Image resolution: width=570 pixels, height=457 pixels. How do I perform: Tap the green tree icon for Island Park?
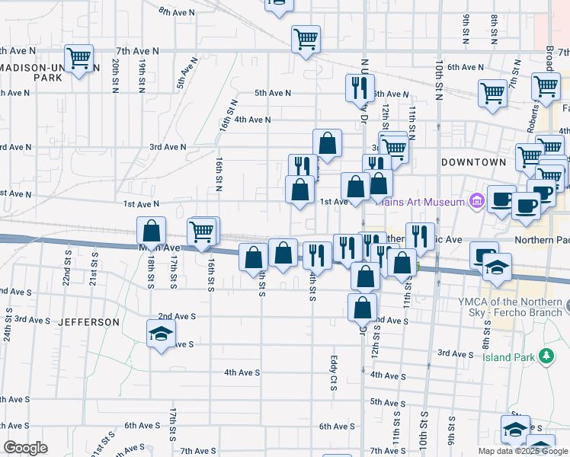click(546, 356)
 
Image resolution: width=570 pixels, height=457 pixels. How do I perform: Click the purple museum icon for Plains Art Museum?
click(477, 201)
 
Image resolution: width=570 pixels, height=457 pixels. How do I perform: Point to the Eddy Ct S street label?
click(333, 372)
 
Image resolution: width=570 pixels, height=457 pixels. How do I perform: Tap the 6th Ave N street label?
click(466, 67)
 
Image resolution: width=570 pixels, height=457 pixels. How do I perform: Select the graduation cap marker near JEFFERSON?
click(161, 334)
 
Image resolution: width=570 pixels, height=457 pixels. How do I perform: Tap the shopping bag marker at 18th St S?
click(152, 231)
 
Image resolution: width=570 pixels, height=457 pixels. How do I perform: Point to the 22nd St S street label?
click(68, 270)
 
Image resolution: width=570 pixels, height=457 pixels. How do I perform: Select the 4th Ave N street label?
click(252, 120)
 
